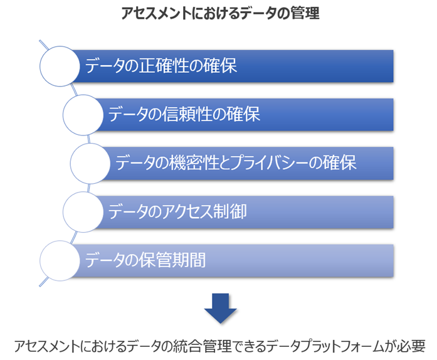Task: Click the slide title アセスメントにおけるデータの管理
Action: tap(221, 14)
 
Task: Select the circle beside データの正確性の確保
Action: tap(61, 66)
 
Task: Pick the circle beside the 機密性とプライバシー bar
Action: tap(91, 163)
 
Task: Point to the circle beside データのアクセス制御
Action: tap(83, 211)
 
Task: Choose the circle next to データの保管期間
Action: tap(61, 260)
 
